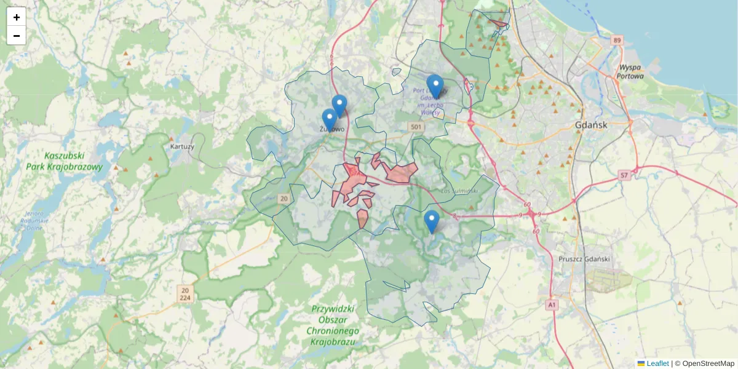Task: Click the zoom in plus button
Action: tap(17, 17)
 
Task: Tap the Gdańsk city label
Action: tap(591, 125)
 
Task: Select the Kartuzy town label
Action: tap(182, 147)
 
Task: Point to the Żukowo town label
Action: tap(332, 129)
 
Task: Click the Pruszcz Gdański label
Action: tap(584, 259)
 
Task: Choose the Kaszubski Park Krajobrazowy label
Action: tap(64, 161)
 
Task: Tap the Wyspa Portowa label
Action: tap(631, 72)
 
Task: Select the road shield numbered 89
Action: tap(617, 41)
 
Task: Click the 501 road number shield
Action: tap(416, 127)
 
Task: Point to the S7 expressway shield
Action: tap(624, 176)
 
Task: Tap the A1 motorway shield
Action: tap(551, 304)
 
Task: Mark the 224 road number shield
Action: tap(185, 298)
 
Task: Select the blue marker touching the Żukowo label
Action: tap(330, 120)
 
